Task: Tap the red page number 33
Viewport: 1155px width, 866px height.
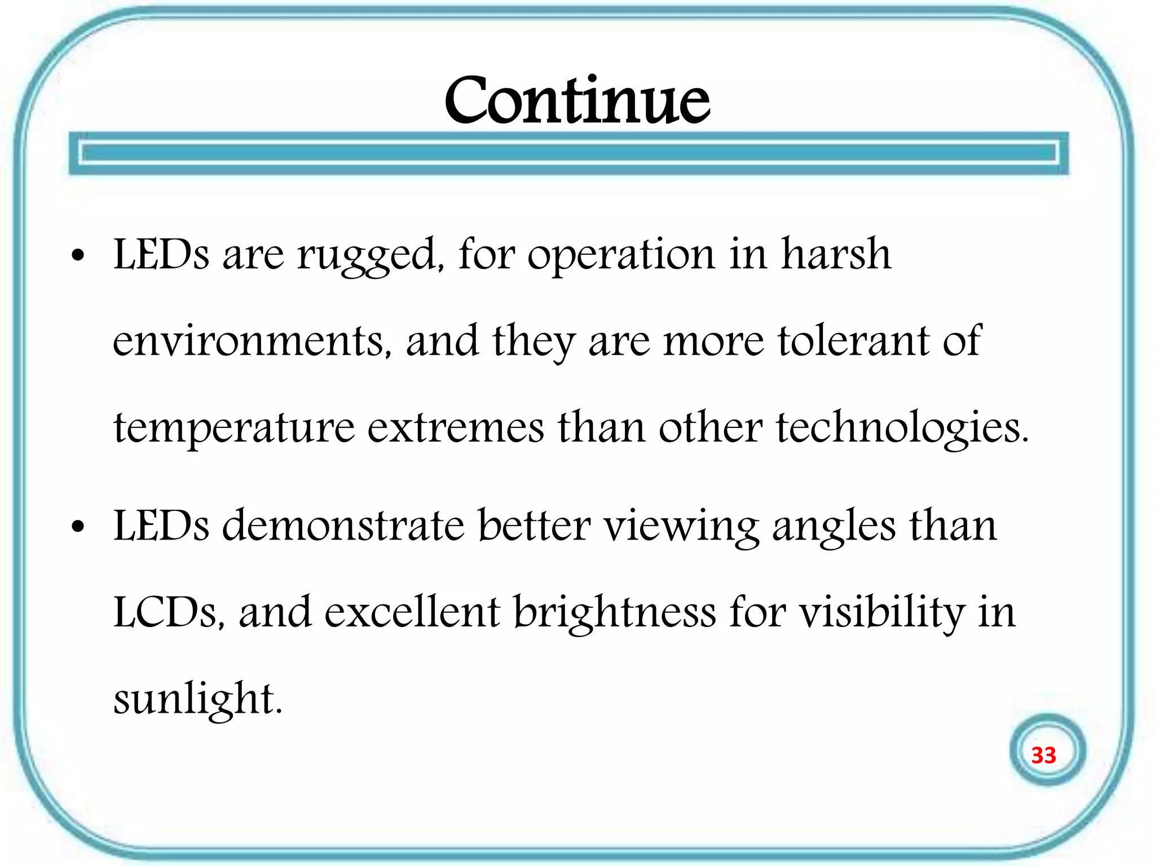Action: pos(1043,755)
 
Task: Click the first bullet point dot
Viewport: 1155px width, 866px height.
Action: pos(78,257)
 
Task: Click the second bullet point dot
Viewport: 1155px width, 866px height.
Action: pos(78,528)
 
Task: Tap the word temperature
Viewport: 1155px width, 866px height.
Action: pos(234,428)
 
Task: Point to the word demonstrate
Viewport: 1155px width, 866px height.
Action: pos(343,525)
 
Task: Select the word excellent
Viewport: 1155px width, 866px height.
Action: pos(412,613)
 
